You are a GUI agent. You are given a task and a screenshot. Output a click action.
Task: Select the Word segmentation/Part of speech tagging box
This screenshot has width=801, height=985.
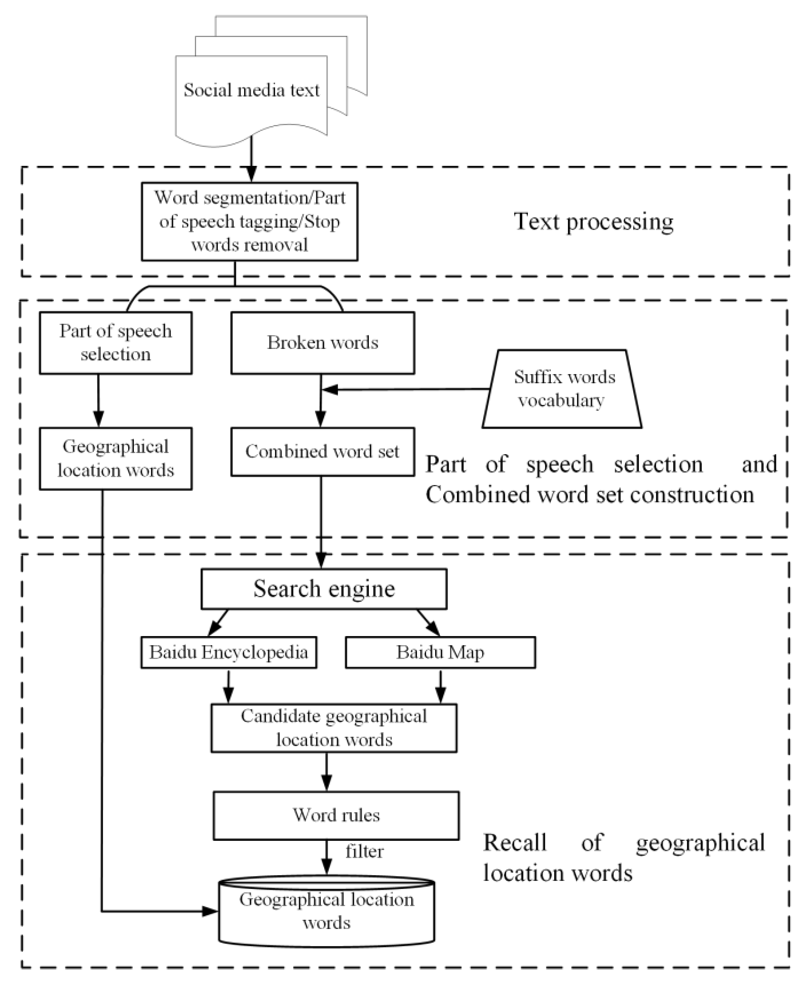249,222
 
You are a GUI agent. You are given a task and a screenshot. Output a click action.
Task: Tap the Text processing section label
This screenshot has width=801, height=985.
594,222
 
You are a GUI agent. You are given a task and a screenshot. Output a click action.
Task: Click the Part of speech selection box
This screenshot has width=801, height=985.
115,343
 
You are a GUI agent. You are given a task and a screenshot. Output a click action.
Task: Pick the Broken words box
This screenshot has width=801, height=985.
323,343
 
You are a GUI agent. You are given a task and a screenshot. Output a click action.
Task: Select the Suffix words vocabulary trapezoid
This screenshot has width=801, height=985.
562,389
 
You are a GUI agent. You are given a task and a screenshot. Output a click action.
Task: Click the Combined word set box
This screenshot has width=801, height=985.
323,452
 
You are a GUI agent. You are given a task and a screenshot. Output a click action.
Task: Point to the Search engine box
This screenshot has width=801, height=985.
324,589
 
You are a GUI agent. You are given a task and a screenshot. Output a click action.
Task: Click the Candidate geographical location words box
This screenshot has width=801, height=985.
334,728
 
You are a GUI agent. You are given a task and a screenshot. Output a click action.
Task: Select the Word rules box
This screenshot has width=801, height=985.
336,815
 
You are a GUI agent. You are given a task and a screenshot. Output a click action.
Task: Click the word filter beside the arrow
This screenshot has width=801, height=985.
364,851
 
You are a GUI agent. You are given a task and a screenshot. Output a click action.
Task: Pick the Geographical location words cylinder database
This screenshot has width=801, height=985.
327,911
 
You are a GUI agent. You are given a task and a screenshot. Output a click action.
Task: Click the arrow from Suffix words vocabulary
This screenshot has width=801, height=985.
406,389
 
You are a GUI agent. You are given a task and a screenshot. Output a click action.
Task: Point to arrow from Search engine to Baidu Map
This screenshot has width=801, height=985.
429,623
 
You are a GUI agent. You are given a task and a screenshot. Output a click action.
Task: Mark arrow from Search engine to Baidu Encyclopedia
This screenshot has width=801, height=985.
218,623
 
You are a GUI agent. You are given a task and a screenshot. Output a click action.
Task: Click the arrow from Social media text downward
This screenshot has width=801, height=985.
251,159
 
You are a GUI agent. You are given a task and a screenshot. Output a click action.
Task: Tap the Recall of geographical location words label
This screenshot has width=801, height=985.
623,858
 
